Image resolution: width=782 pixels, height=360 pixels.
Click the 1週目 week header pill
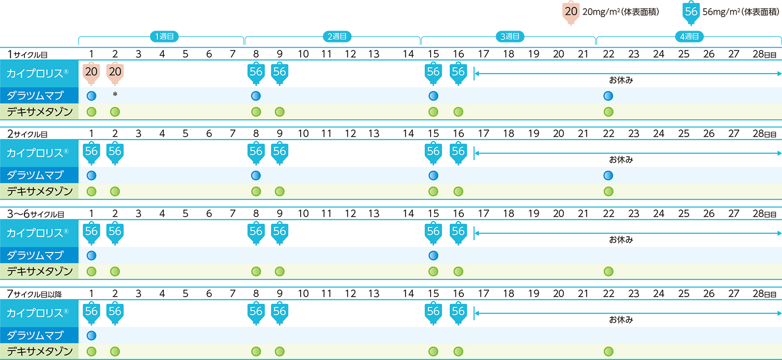(x=164, y=37)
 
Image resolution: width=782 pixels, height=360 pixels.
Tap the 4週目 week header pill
(x=689, y=37)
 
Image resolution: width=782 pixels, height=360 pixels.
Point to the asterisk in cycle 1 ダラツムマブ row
(x=115, y=94)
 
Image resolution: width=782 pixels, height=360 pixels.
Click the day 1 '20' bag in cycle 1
(x=91, y=73)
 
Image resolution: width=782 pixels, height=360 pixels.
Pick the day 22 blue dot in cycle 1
(x=608, y=96)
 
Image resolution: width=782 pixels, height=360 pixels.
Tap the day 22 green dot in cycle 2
(x=608, y=191)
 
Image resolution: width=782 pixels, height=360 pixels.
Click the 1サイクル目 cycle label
(x=27, y=54)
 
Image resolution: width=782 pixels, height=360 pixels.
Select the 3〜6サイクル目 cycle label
(x=36, y=214)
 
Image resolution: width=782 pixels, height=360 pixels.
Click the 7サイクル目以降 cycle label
(x=34, y=294)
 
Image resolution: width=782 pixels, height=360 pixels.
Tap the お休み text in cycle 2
(x=621, y=160)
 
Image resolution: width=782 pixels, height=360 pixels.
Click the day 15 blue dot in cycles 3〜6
(x=433, y=255)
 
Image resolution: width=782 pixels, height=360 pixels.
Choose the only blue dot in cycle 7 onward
(x=91, y=336)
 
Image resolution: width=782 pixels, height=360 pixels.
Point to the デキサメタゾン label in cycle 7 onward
(x=39, y=351)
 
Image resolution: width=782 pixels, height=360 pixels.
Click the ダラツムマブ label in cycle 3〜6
(x=35, y=255)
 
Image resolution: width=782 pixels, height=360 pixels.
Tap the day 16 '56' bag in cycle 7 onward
(x=458, y=313)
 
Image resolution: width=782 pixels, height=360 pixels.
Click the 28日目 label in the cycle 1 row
(x=764, y=54)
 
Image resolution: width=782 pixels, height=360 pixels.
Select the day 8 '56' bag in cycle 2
(x=256, y=152)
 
